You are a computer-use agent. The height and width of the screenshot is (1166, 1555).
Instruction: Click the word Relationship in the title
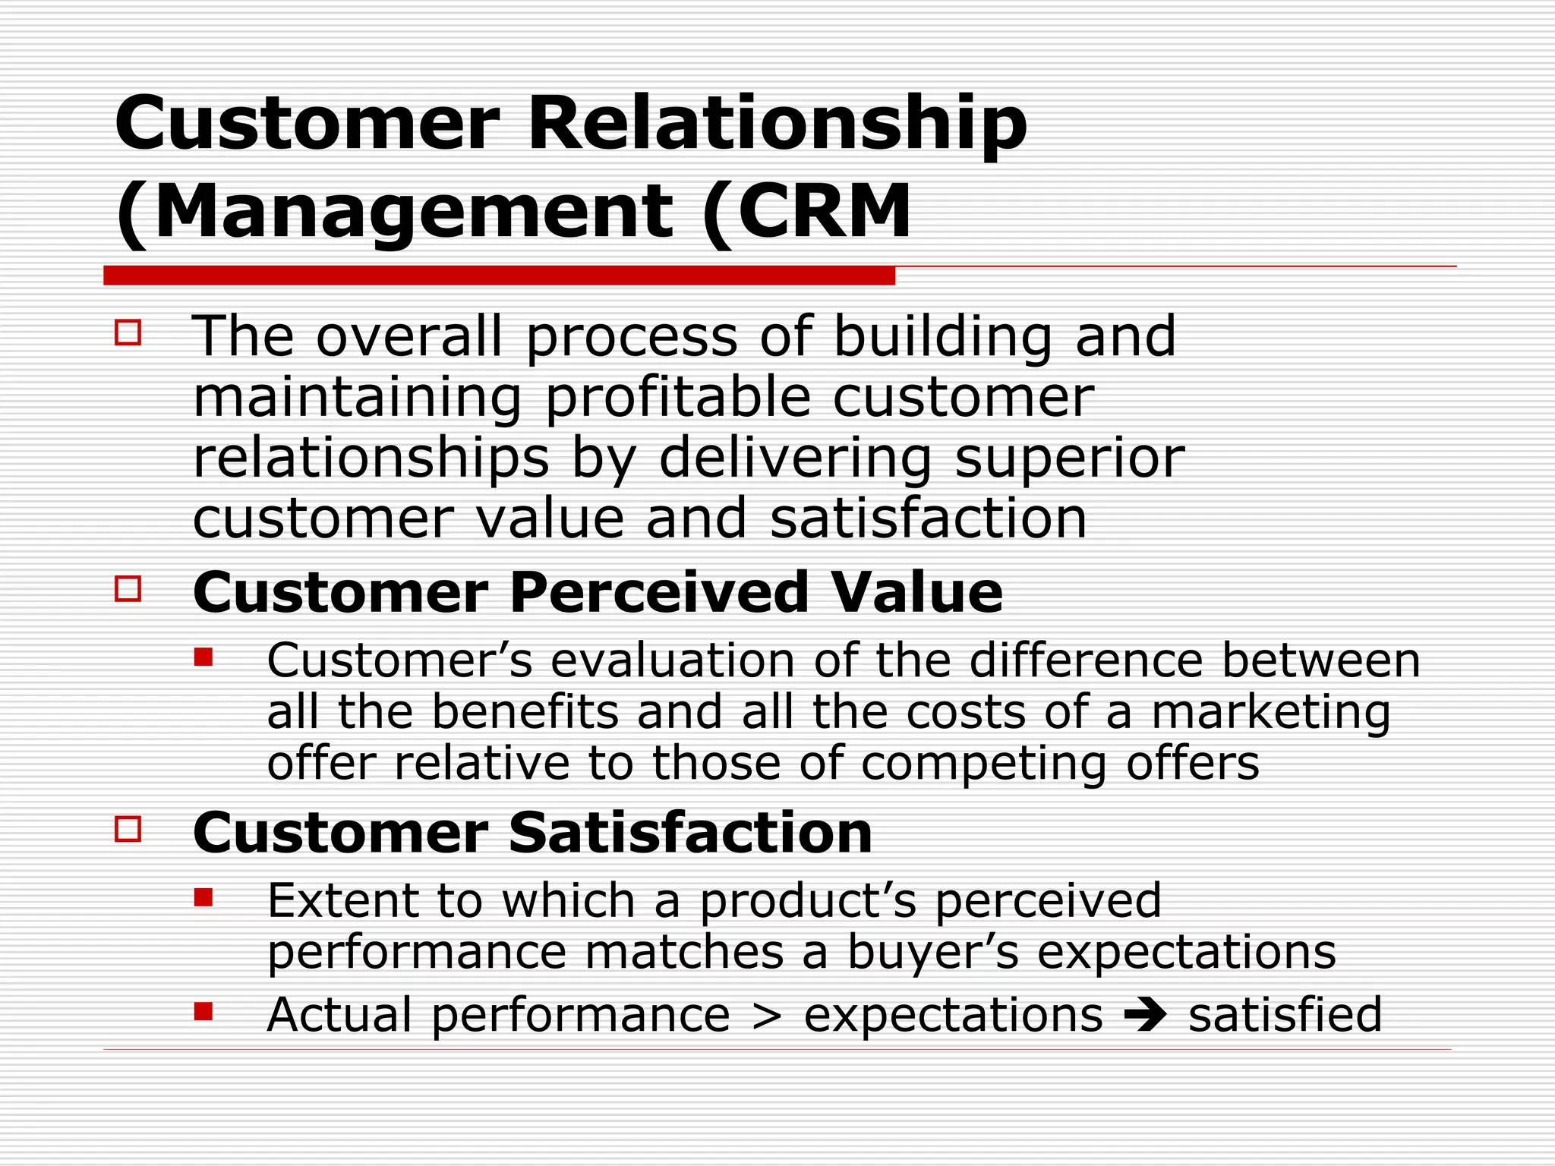click(776, 124)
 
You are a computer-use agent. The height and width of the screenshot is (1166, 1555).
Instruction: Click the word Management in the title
click(414, 213)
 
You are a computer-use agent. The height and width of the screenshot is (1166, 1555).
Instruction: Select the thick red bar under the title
click(499, 276)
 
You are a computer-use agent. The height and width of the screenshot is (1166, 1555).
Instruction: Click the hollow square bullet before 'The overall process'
click(128, 332)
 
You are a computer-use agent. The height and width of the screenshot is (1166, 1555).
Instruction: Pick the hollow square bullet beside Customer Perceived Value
click(128, 588)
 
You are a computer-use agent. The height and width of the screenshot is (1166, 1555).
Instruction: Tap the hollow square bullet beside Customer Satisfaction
click(128, 828)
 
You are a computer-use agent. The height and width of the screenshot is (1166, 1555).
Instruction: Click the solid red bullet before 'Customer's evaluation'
click(203, 657)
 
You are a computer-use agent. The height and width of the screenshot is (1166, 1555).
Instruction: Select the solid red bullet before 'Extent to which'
click(203, 898)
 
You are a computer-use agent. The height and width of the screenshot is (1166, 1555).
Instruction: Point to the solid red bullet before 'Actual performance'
click(203, 1011)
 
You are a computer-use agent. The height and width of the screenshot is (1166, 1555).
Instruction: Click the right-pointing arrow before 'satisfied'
click(1145, 1015)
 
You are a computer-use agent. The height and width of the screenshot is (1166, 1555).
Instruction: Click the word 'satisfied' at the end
click(1285, 1015)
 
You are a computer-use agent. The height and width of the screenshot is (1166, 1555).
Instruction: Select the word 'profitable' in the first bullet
click(678, 398)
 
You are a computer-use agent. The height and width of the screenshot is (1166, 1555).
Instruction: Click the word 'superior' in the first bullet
click(1068, 459)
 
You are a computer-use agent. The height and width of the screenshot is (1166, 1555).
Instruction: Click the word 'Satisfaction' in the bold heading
click(690, 833)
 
